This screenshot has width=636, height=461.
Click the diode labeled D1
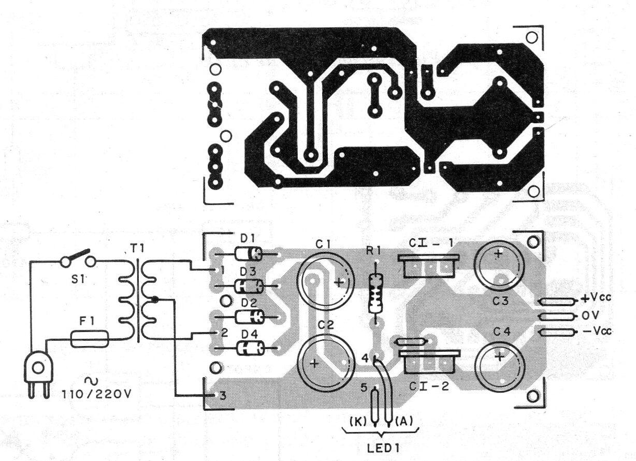click(249, 253)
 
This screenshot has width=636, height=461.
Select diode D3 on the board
click(249, 286)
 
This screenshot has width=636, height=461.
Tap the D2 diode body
click(250, 316)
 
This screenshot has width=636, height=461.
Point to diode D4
click(250, 348)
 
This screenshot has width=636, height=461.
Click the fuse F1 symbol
click(90, 339)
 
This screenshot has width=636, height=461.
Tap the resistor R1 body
click(375, 293)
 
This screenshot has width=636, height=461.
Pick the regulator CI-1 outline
click(429, 266)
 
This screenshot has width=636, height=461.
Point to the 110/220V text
click(96, 395)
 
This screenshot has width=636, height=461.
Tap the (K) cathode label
click(357, 421)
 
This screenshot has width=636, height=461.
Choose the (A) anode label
click(404, 421)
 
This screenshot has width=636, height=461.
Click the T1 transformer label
click(137, 249)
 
